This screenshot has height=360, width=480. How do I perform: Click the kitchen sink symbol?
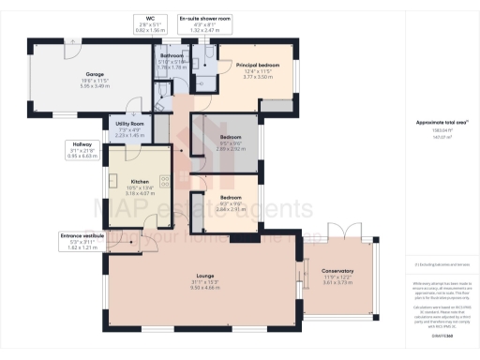pyautogui.click(x=111, y=181)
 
